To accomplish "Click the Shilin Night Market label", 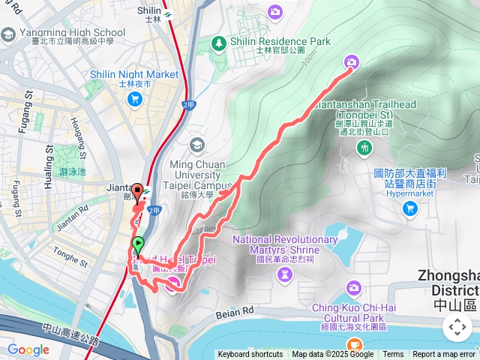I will click(x=134, y=75).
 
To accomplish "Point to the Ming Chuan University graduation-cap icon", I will click(x=197, y=144).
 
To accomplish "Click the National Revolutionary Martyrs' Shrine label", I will click(x=285, y=244).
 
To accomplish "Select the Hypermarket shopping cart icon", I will click(x=409, y=208).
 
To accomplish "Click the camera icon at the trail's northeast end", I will click(x=351, y=61).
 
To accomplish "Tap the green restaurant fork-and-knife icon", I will click(x=364, y=148).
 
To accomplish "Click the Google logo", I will click(x=28, y=349).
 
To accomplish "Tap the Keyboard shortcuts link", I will click(x=250, y=355).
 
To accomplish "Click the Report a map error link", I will click(x=443, y=355).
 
